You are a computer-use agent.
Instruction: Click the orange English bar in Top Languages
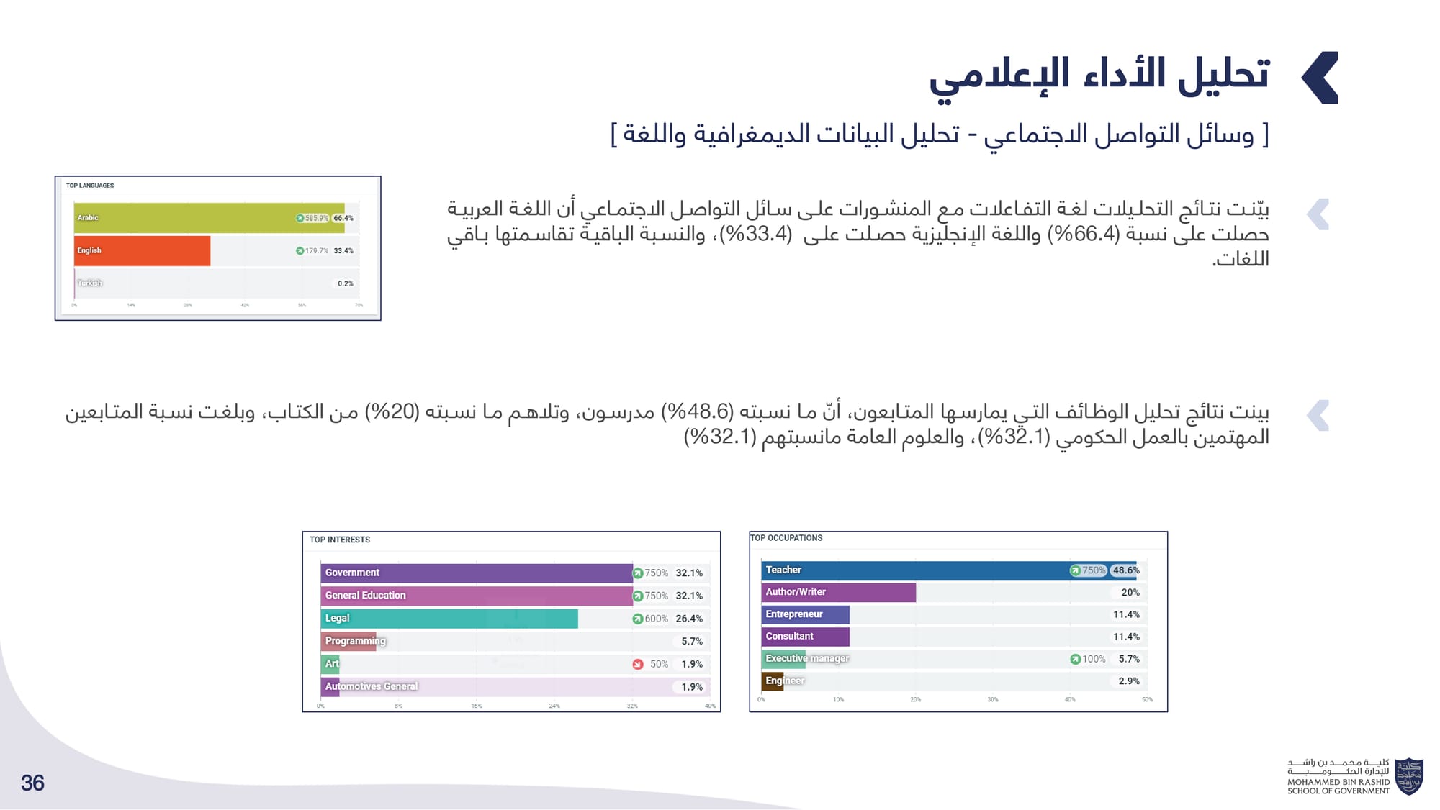[x=143, y=251]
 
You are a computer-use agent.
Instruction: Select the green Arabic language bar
[x=209, y=218]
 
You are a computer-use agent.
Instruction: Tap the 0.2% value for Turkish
[x=346, y=283]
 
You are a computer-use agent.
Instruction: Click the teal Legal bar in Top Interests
[x=449, y=619]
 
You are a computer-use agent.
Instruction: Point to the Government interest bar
[x=477, y=573]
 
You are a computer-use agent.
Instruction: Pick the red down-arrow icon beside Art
[x=638, y=664]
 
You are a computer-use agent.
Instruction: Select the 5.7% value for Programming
[x=692, y=641]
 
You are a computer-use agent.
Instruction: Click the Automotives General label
[x=372, y=686]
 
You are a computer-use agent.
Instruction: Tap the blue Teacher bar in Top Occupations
[x=914, y=570]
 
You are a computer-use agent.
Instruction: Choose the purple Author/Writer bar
[x=839, y=593]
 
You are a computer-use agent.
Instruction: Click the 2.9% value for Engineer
[x=1129, y=681]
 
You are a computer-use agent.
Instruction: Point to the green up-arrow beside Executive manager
[x=1075, y=659]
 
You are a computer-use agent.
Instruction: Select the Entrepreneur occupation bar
[x=806, y=614]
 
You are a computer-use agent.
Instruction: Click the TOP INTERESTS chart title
[x=340, y=540]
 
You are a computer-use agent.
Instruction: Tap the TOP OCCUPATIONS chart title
[x=786, y=538]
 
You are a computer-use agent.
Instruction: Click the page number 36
[x=32, y=783]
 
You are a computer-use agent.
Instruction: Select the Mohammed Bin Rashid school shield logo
[x=1408, y=776]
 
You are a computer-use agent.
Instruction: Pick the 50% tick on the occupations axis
[x=1147, y=699]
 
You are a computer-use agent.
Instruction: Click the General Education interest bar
[x=477, y=596]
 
